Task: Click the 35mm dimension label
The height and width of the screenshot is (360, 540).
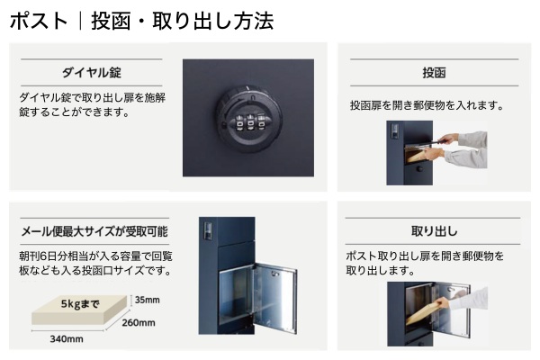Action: pyautogui.click(x=146, y=299)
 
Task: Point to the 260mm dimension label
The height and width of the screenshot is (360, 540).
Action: pyautogui.click(x=139, y=323)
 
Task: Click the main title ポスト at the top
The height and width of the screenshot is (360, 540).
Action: pyautogui.click(x=40, y=21)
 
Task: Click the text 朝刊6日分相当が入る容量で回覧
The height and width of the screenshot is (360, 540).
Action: pyautogui.click(x=94, y=256)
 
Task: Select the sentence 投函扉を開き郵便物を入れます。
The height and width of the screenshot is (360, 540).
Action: pyautogui.click(x=426, y=105)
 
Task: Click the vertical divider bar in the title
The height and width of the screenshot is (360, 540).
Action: pyautogui.click(x=79, y=21)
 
